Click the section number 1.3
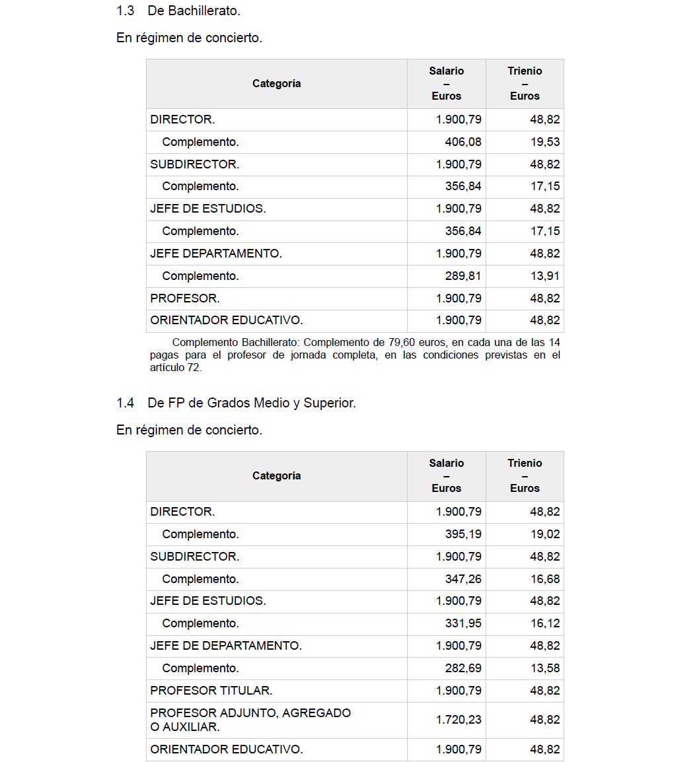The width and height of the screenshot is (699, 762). [126, 11]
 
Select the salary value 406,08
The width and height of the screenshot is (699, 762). [463, 142]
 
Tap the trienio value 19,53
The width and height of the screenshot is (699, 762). [545, 142]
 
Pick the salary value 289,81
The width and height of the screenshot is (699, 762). [463, 276]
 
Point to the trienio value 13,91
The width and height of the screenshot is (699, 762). [545, 276]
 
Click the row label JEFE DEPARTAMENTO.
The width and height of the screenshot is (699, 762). [216, 254]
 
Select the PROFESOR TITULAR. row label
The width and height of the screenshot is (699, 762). [211, 691]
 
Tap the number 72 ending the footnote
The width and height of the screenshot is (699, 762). [193, 368]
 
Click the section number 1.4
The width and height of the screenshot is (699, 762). [126, 403]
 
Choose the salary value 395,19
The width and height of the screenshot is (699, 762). [463, 534]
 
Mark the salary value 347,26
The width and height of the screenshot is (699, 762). [463, 579]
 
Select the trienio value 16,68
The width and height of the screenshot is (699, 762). [545, 579]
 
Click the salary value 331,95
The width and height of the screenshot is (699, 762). [463, 623]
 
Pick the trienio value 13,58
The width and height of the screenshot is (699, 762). [545, 668]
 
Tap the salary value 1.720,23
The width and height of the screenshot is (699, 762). [459, 720]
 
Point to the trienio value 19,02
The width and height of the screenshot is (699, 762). [545, 534]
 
